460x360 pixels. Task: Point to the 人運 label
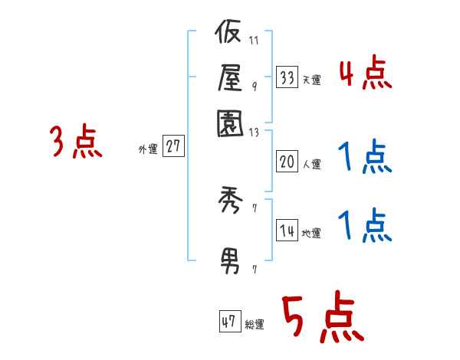tap(312, 164)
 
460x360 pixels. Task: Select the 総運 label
tap(255, 325)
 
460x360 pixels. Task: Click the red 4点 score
tap(365, 75)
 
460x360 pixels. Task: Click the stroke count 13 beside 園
tap(255, 132)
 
